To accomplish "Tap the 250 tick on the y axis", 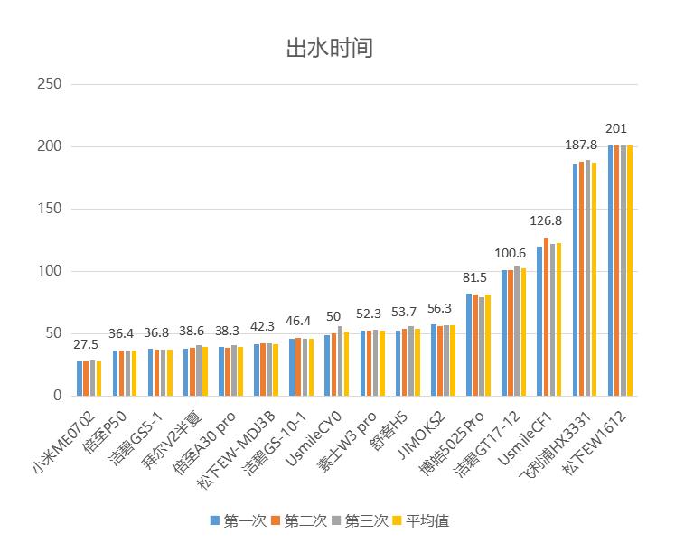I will (49, 84).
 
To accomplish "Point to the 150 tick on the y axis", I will (49, 209).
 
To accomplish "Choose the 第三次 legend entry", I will (361, 520).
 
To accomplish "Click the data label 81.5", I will (476, 276).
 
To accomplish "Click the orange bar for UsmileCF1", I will (546, 316).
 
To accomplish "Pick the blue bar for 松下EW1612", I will (611, 270).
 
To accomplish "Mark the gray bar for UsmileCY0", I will (340, 360).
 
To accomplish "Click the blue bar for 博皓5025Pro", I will (469, 344).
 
